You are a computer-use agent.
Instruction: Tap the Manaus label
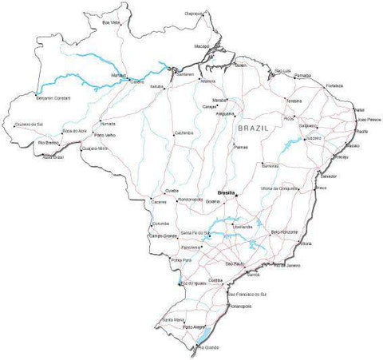[x=118, y=73]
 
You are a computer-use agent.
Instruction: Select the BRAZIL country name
[x=254, y=128]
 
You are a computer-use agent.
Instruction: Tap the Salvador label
[x=327, y=175]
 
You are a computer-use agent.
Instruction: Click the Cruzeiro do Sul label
[x=31, y=125]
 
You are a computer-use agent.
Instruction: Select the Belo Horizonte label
[x=285, y=231]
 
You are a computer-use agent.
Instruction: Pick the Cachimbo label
[x=184, y=133]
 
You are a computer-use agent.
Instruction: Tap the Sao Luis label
[x=283, y=70]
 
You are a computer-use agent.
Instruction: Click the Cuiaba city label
[x=172, y=192]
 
